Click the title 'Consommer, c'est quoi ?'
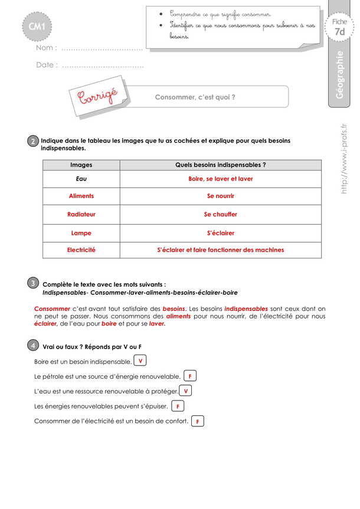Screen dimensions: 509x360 (x=195, y=97)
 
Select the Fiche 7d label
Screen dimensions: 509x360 (x=339, y=27)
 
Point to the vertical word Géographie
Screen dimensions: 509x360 (x=339, y=77)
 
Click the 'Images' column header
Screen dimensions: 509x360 (x=81, y=165)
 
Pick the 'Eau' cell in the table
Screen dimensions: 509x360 (x=81, y=178)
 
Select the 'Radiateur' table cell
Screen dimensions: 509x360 (x=81, y=214)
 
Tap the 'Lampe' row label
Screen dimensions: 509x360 (x=81, y=233)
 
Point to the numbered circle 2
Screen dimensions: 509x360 (x=33, y=142)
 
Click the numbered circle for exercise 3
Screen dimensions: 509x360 (x=33, y=284)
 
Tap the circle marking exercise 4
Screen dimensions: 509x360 (x=33, y=346)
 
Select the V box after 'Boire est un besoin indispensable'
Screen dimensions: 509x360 (x=140, y=360)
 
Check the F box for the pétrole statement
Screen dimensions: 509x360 (x=190, y=376)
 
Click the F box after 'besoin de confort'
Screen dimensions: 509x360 (x=198, y=421)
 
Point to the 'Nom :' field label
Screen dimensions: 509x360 (x=47, y=48)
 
